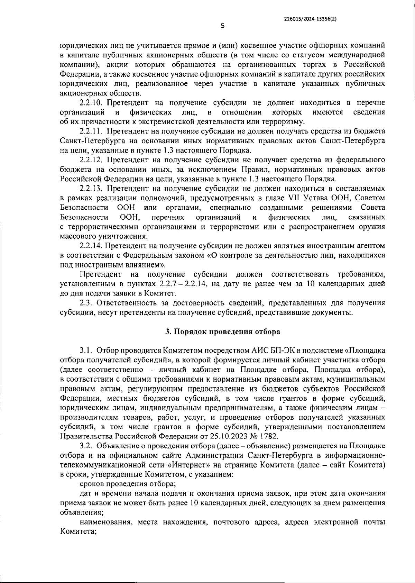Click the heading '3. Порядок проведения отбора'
(223, 331)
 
